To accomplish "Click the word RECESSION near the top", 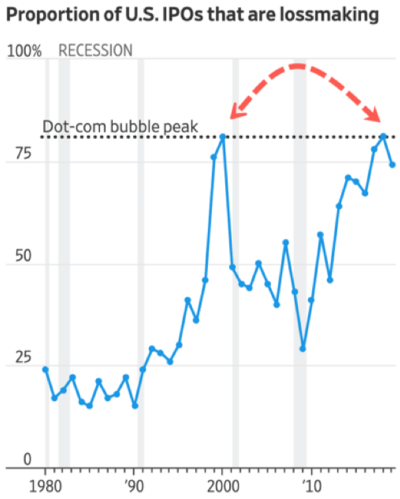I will pos(95,50).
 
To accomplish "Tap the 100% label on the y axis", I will pos(25,51).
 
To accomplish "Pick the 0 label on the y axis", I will pos(10,459).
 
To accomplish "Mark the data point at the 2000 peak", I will pos(223,136).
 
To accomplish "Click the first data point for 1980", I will pos(46,369).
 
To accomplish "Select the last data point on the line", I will pos(392,165).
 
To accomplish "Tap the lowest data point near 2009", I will pos(303,349).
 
